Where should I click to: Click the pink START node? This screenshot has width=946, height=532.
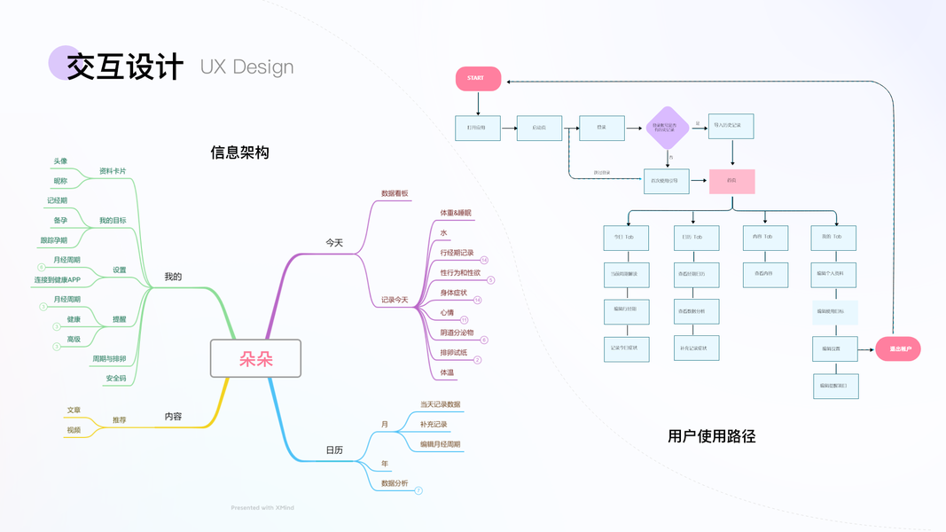point(478,78)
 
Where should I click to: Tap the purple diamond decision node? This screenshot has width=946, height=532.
point(668,128)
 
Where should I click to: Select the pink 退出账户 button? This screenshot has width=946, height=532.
point(898,349)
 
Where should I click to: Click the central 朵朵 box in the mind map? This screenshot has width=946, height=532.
point(255,358)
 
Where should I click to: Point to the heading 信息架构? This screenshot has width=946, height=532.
point(239,153)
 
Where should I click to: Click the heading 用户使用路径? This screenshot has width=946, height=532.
point(711,435)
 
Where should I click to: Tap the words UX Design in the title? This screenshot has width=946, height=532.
point(246,67)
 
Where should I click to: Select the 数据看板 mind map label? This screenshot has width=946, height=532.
point(395,193)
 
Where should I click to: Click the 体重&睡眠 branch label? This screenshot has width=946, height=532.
point(456,213)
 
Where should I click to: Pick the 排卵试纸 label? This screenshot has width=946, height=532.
point(453,353)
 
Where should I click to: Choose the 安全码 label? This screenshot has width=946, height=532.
point(115,378)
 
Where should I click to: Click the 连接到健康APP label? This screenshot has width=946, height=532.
point(69,280)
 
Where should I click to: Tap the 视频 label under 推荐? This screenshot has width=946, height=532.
point(74,430)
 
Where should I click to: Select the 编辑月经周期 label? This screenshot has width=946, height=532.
point(440,444)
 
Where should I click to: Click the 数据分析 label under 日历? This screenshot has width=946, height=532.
point(395,483)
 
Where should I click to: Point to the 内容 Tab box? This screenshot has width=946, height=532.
point(764,237)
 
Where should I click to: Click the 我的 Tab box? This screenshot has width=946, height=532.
point(833,237)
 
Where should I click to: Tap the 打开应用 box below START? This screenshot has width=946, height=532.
point(478,128)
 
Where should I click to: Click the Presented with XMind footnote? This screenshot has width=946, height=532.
point(262,508)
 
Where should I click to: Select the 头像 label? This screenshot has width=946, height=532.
point(60,161)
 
